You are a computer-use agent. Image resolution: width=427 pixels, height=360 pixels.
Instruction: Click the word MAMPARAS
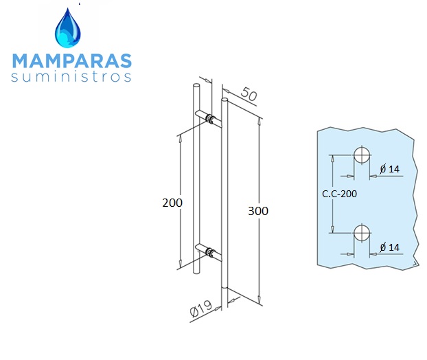[72, 60]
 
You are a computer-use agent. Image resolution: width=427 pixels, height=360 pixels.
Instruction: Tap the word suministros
[71, 77]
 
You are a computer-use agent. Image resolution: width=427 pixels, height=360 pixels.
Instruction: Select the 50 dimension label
[249, 93]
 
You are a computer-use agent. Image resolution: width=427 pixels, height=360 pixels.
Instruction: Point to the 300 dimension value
[258, 211]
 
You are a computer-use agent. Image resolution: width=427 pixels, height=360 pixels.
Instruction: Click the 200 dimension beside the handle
[172, 203]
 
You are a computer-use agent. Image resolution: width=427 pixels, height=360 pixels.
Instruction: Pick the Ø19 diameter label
[201, 308]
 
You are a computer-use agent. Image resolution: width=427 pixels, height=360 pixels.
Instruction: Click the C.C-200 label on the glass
[339, 194]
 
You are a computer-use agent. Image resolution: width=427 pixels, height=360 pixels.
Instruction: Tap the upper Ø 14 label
[390, 169]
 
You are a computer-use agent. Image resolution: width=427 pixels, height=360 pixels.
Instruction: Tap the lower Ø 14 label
[390, 247]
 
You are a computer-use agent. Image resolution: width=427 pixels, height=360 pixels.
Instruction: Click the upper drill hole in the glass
[362, 155]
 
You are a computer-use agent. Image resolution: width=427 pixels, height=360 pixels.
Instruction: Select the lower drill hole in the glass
[362, 234]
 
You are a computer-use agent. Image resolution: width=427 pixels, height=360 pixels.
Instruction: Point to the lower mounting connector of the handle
[210, 252]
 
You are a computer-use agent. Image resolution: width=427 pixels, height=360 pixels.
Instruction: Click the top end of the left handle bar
[196, 85]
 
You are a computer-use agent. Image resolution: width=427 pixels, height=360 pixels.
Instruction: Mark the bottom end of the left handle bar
[196, 271]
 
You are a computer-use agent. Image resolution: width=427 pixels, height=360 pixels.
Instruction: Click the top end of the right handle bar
[224, 100]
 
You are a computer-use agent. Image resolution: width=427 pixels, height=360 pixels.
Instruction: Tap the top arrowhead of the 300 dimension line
[259, 122]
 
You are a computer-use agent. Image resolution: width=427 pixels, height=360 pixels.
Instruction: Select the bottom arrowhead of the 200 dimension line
[180, 263]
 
